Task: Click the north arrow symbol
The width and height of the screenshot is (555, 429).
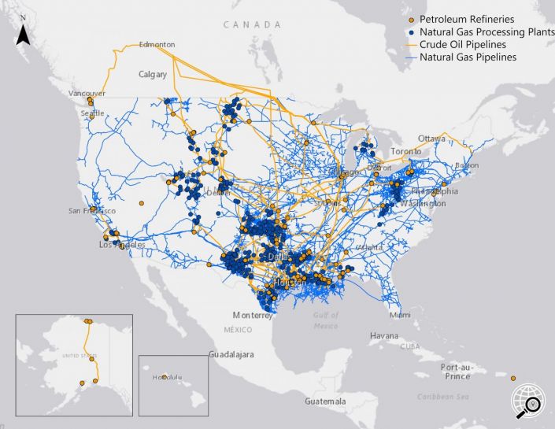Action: point(24,31)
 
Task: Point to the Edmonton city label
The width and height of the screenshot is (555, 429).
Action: point(157,45)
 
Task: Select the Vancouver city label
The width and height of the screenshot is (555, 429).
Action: point(87,94)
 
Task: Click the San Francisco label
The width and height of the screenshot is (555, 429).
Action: point(92,211)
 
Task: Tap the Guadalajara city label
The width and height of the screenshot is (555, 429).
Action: point(231,355)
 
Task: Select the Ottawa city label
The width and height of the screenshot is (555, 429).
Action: point(431,138)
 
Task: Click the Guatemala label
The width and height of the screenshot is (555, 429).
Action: point(325,401)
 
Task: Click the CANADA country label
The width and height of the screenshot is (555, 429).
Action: point(251,25)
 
